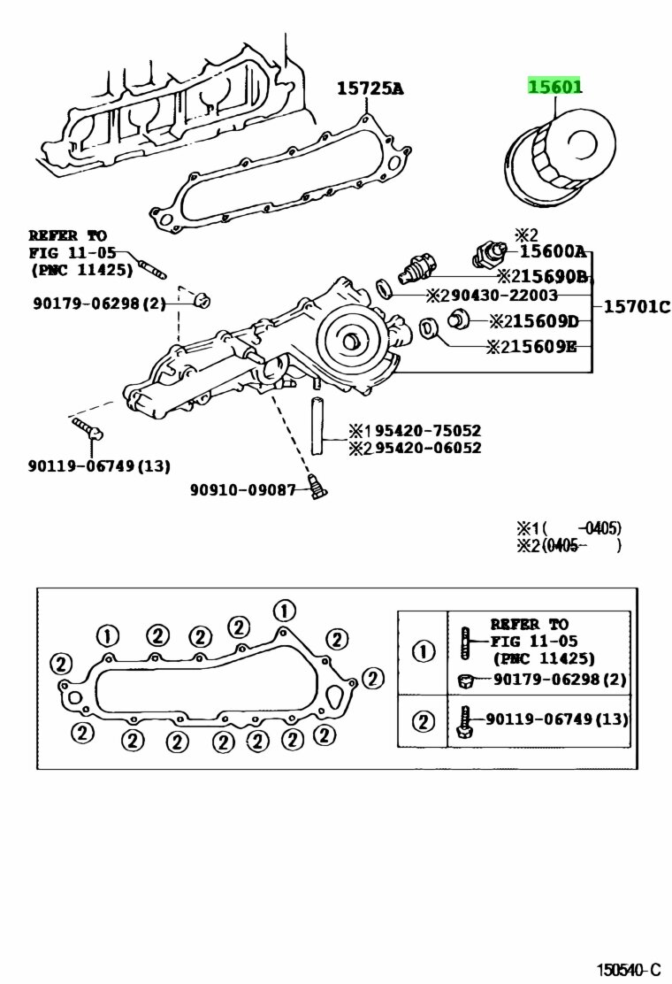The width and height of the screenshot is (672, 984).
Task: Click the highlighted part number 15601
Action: click(554, 86)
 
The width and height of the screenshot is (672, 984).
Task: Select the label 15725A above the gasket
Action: click(370, 88)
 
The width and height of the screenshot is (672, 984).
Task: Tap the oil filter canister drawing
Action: click(560, 158)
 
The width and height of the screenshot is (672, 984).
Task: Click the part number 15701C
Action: click(637, 307)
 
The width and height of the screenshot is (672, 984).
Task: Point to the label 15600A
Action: click(553, 252)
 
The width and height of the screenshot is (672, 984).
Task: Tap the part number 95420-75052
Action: click(428, 430)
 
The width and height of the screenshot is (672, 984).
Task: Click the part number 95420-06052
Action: click(428, 448)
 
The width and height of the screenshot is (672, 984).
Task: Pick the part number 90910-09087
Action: click(242, 489)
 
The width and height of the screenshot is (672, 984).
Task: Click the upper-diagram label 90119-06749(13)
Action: click(99, 465)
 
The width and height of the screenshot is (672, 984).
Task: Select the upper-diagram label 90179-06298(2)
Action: click(99, 304)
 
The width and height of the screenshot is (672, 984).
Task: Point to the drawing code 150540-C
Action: click(628, 970)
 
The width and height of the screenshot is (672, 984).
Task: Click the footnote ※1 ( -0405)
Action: click(569, 528)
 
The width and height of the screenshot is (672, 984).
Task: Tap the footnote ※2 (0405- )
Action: click(569, 545)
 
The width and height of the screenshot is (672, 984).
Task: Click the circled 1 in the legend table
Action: click(424, 651)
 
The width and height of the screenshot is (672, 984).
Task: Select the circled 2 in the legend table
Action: click(424, 721)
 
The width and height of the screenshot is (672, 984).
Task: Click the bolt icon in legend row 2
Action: click(464, 722)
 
